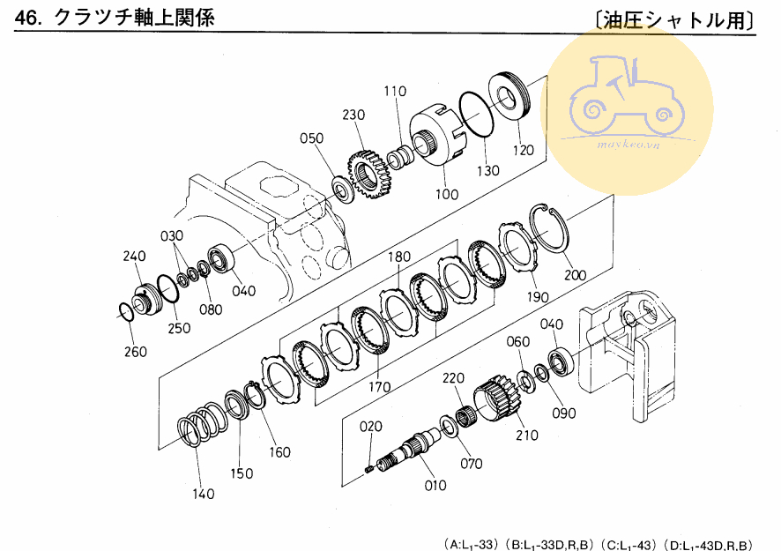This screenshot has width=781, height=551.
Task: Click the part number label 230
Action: click(353, 115)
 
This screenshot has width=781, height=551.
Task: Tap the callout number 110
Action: click(395, 91)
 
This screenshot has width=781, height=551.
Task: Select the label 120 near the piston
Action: click(523, 150)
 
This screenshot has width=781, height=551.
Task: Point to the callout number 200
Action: click(576, 275)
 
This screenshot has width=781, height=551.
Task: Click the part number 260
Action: click(136, 352)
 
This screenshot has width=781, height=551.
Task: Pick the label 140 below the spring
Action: click(204, 494)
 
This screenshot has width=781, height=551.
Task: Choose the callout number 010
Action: click(435, 485)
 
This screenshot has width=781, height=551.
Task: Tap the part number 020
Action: click(371, 427)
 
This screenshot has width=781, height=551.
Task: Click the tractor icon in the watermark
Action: click(627, 98)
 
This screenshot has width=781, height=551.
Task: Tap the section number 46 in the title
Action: click(26, 19)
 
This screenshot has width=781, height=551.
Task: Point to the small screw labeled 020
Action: click(369, 469)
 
